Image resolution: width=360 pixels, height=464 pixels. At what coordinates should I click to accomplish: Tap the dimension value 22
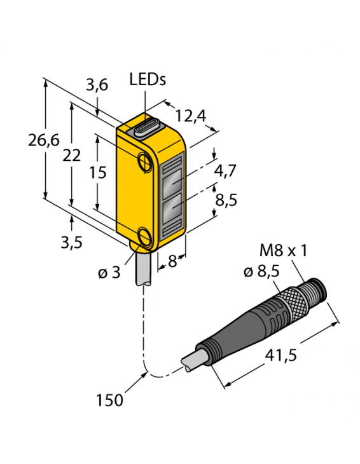click(73, 156)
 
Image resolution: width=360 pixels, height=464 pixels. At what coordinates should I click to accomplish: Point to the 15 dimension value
click(95, 172)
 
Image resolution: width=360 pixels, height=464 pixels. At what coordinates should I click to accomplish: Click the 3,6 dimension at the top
click(97, 86)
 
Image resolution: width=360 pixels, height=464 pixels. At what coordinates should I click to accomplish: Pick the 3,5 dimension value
click(71, 242)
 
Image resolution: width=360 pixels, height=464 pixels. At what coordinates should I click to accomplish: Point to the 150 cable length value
click(110, 400)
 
